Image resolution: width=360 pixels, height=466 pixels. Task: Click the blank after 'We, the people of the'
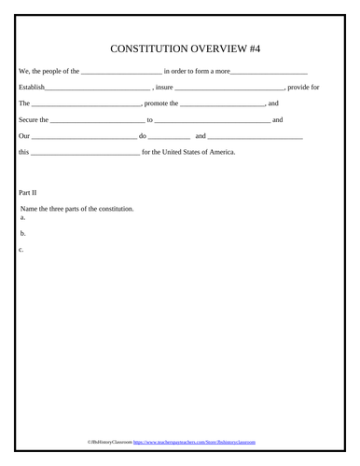pos(121,73)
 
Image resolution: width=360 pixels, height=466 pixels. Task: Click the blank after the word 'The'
pos(87,104)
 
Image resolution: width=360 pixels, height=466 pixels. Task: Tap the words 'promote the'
pos(163,103)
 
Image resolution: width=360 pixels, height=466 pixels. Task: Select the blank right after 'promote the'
pos(223,104)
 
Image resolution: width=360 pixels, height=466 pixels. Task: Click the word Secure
pos(29,119)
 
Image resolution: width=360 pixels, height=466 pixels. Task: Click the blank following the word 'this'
pos(85,152)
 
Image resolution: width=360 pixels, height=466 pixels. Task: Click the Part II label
pos(28,192)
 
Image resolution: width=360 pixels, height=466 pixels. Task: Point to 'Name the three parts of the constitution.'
pos(76,209)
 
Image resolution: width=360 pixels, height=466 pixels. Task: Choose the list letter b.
pos(22,234)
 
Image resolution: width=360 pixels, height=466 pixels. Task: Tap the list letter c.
pos(21,250)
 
